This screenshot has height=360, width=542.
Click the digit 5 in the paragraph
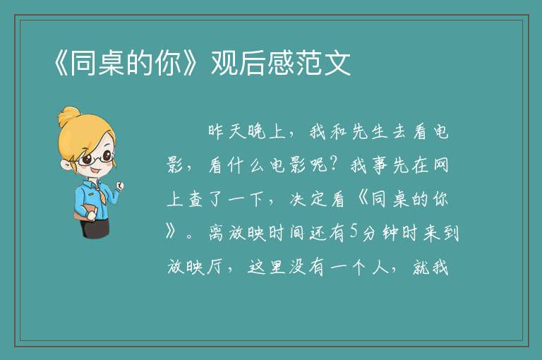point(354,232)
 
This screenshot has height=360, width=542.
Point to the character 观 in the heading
point(224,63)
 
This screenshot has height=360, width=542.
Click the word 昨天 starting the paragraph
point(227,132)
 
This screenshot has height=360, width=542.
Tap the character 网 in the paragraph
point(440,164)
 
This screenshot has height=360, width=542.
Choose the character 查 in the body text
point(195,199)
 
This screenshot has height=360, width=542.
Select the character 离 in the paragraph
point(217,232)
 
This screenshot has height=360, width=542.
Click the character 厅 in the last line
point(215,267)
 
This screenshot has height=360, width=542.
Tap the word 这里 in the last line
point(266,267)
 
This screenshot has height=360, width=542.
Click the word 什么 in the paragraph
point(247,164)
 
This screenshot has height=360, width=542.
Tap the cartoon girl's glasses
point(96,158)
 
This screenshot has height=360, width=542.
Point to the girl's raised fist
point(119,186)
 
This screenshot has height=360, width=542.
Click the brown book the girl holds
point(85,212)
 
